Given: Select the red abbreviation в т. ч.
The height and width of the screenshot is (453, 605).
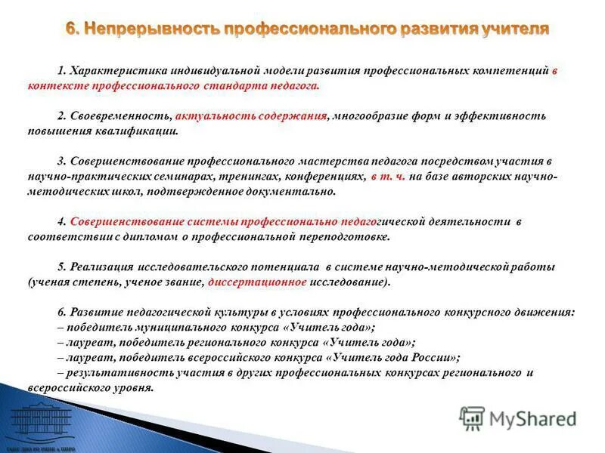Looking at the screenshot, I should pos(388,177).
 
